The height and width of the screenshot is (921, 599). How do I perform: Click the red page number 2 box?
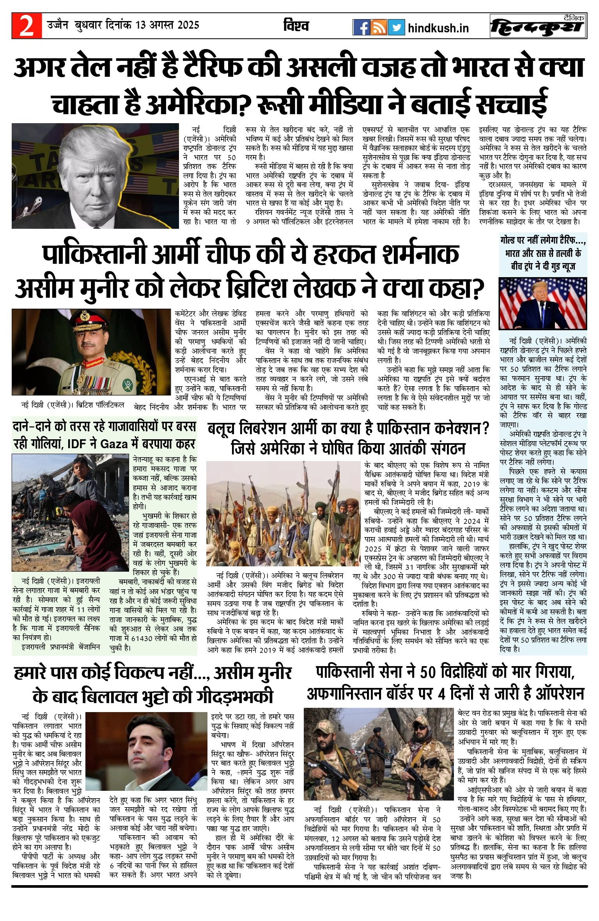coord(27,26)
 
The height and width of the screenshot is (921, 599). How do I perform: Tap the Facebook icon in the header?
coord(361,27)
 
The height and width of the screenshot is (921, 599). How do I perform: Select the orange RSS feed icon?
coord(378,27)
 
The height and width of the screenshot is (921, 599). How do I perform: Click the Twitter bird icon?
coord(396,27)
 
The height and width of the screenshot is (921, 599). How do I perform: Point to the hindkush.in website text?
coord(438,28)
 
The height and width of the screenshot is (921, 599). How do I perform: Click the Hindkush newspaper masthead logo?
coord(538,26)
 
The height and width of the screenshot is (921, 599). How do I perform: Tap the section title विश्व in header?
coord(296,26)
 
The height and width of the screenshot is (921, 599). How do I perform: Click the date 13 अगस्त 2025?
coord(167,25)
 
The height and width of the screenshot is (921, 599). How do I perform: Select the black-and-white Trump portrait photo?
coord(95,175)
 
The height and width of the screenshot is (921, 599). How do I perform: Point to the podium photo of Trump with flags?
coord(543,304)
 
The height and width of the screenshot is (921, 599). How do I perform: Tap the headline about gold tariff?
coord(543,253)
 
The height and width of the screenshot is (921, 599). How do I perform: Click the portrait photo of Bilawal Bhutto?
coord(146,746)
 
